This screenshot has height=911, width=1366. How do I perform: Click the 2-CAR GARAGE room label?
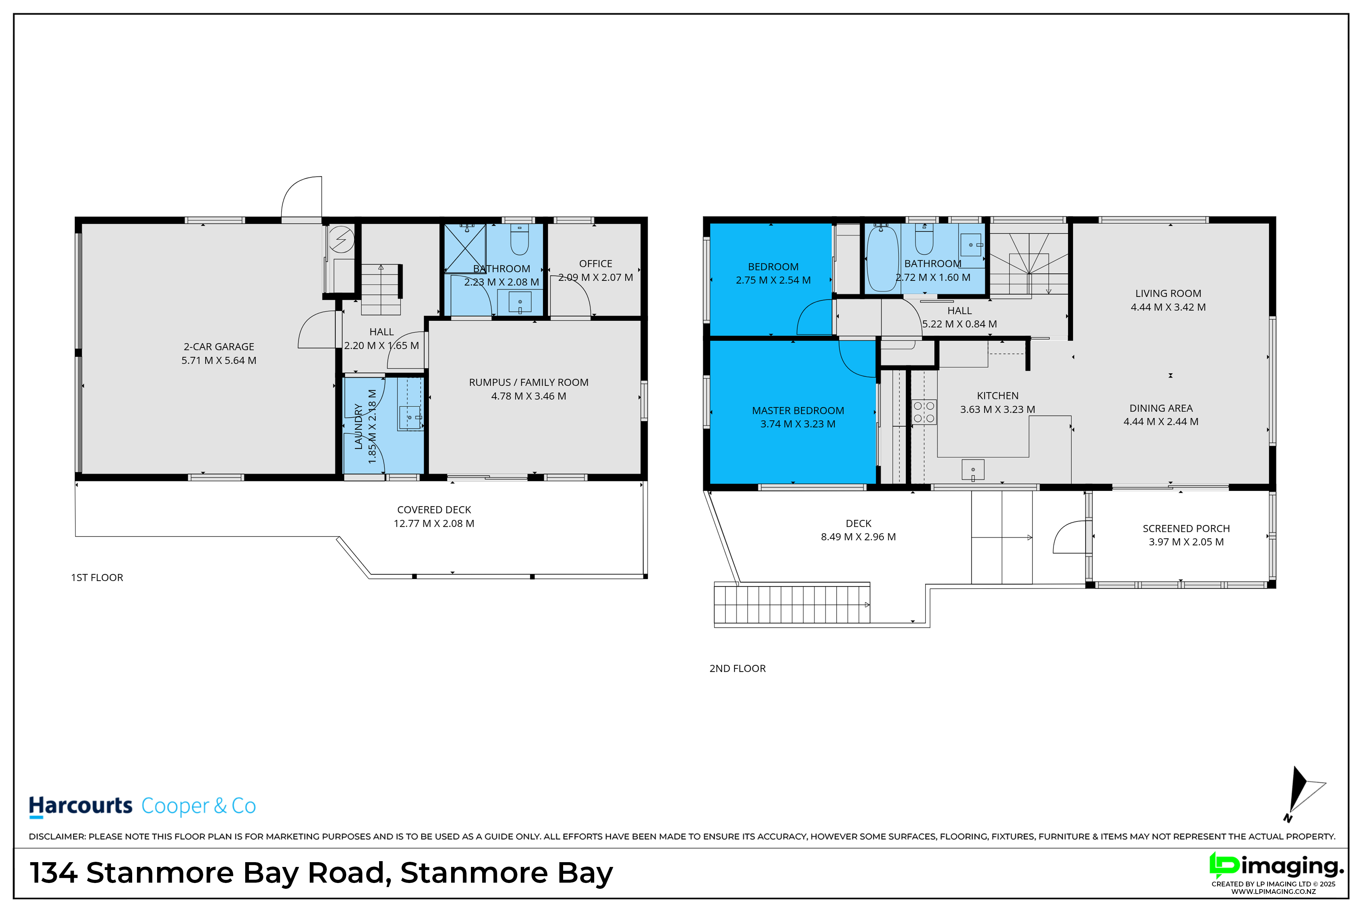[x=219, y=347]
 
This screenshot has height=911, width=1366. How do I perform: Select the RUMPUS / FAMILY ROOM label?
[x=529, y=382]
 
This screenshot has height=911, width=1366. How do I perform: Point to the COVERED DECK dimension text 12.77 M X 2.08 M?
[x=434, y=524]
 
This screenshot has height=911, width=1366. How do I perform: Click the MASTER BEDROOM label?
[x=798, y=411]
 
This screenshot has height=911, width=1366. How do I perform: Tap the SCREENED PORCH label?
[x=1186, y=529]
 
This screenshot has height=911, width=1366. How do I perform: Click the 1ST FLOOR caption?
[x=97, y=578]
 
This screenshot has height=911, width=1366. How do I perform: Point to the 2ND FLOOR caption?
[x=738, y=669]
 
